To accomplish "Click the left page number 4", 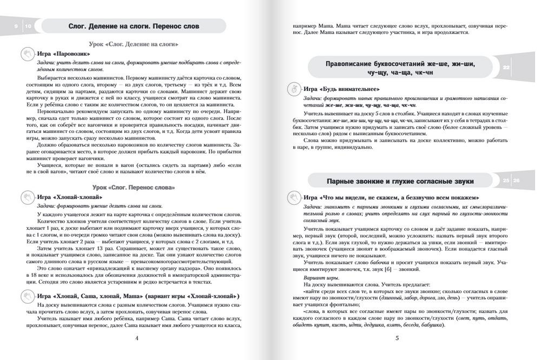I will click(136, 338).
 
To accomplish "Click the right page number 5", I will click(397, 338).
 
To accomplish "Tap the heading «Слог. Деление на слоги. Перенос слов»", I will click(134, 26).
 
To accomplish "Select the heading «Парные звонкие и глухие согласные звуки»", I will click(400, 181).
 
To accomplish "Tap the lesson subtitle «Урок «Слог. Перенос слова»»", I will click(134, 187).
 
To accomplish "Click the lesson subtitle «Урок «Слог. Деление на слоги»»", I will click(134, 44).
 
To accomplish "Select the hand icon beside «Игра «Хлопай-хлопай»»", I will click(27, 197).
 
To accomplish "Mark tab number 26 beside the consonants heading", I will click(517, 181).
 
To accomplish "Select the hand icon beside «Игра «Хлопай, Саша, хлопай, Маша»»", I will click(27, 296).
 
